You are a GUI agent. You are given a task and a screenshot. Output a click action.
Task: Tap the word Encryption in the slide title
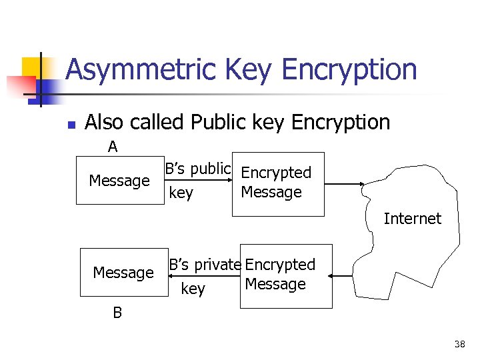point(349,70)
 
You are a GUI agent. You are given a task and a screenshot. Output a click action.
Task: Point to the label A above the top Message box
point(113,147)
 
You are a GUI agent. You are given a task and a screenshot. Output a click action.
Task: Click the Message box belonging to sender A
point(119,181)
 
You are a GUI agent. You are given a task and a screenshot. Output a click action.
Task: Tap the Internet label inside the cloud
point(412,219)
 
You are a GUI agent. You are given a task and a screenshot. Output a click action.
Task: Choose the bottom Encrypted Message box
point(285,275)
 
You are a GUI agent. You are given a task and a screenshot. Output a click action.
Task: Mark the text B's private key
point(203,276)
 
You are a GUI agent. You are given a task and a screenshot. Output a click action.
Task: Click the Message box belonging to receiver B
point(123,272)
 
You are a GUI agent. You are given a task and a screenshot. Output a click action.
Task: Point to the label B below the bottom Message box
point(117,313)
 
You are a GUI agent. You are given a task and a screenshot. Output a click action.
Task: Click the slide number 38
point(459,344)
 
